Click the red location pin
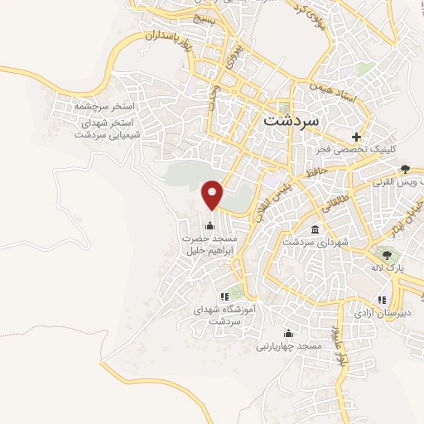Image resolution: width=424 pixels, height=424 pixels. [x=213, y=194]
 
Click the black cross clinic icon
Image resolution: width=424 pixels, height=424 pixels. [x=357, y=137]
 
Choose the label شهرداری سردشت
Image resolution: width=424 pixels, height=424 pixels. [x=311, y=243]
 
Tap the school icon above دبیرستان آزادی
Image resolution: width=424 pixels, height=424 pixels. [x=380, y=300]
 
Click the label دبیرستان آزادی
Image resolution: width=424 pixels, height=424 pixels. [x=378, y=314]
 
